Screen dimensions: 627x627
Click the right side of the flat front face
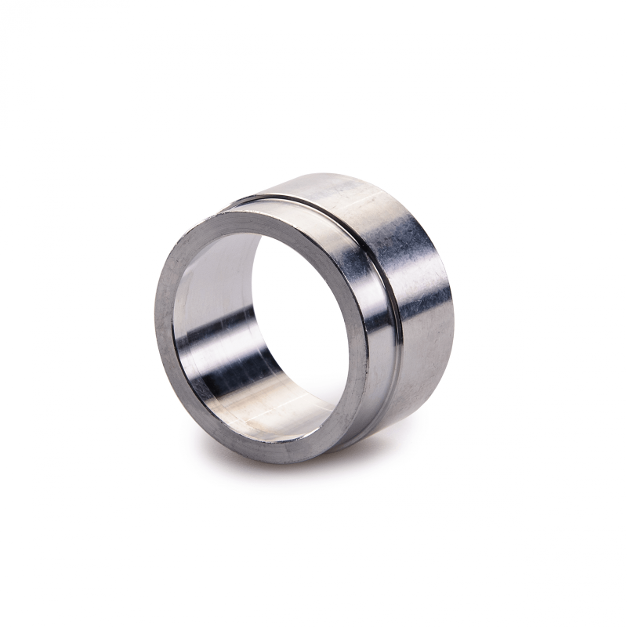coord(357,329)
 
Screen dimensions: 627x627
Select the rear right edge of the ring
coord(450,298)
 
